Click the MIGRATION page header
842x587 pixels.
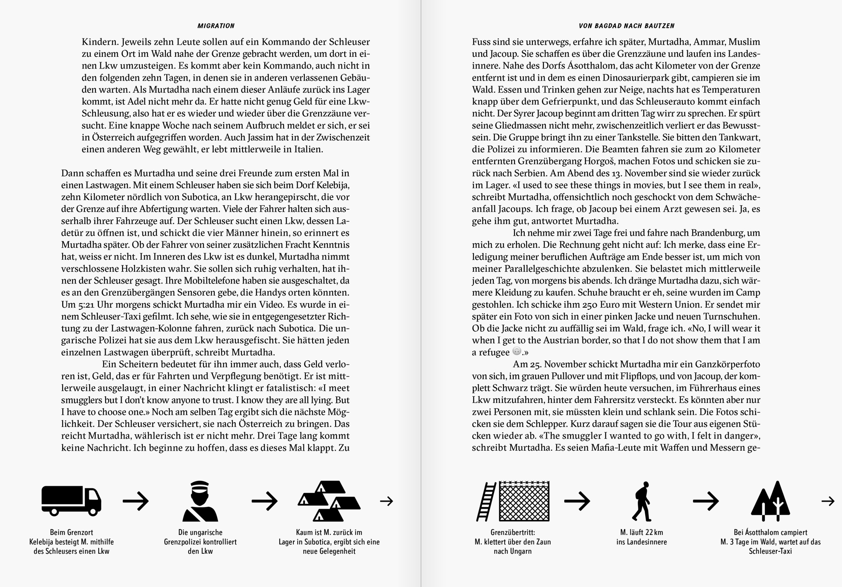tap(216, 26)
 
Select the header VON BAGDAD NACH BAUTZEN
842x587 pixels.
tap(627, 26)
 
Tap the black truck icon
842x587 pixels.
tap(71, 500)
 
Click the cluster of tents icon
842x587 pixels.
tap(329, 501)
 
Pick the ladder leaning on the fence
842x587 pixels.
tap(486, 501)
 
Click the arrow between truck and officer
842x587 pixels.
tap(136, 501)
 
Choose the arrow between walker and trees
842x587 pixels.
tap(706, 501)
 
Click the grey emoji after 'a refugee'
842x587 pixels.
tap(517, 351)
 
